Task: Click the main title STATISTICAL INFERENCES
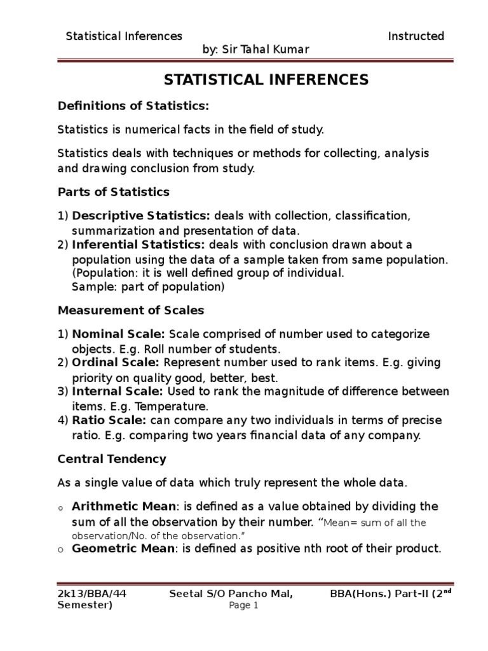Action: coord(266,79)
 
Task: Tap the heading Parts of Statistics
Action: coord(114,191)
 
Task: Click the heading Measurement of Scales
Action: coord(131,310)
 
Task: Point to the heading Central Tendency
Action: coord(112,458)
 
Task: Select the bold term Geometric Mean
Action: coord(121,548)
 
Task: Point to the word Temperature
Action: coord(176,406)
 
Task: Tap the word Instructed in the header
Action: coord(416,36)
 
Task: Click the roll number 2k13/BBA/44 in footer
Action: coord(92,594)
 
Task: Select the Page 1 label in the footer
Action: coord(243,606)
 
